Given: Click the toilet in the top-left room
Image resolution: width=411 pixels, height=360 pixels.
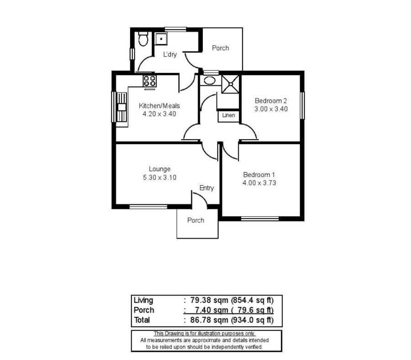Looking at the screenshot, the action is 143,39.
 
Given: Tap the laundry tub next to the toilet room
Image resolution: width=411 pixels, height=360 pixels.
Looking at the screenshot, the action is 161,39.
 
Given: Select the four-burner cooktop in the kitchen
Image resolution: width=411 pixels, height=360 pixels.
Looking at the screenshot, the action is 150,81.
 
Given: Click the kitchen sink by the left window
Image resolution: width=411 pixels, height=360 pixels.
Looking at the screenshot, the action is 121,107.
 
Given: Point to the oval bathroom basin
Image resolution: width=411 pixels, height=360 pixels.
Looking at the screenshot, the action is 210,80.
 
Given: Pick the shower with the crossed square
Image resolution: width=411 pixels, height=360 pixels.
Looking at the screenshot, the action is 231,84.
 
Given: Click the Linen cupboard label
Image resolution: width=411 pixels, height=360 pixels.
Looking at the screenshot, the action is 229,115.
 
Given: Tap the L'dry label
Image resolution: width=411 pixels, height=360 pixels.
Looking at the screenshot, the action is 170,54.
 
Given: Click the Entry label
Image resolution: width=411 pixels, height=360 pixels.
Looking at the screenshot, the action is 206,188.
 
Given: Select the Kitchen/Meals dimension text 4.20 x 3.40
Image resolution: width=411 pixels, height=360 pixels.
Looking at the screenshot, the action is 159,114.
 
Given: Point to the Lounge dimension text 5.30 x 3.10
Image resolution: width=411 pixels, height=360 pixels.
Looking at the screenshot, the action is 160,177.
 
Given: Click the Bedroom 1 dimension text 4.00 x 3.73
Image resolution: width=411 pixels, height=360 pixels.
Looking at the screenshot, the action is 259,183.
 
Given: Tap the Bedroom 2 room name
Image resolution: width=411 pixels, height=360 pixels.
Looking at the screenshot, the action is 271,101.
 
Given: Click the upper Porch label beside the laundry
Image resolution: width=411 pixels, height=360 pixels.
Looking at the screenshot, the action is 221,48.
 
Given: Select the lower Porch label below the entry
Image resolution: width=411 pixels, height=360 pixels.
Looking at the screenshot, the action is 196,220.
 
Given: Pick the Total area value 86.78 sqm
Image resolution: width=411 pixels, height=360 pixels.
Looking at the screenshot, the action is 209,320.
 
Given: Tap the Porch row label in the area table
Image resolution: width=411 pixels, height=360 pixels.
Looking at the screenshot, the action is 144,310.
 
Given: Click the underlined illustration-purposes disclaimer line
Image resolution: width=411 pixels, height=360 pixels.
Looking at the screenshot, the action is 205,334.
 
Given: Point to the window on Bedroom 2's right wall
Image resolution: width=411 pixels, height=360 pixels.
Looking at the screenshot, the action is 302,105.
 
